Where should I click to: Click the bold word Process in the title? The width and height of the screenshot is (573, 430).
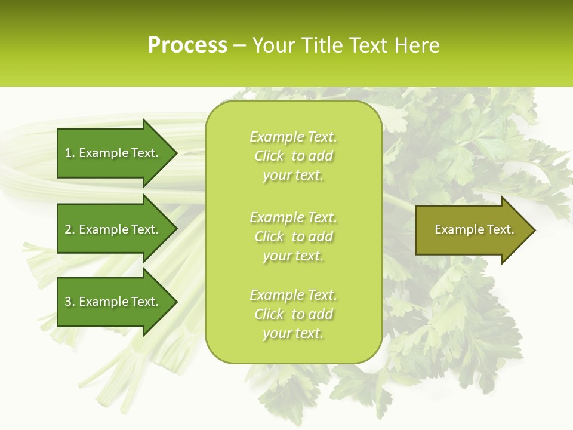(x=187, y=45)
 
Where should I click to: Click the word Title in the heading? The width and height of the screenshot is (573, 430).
(x=322, y=45)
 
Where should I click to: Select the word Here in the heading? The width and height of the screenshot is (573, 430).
(x=416, y=45)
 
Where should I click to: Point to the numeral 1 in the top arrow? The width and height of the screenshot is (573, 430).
(x=68, y=153)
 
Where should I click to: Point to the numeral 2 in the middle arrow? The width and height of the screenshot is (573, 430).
(x=69, y=229)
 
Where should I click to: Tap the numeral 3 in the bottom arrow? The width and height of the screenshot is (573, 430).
(x=69, y=302)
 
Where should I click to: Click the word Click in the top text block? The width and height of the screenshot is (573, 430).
(x=269, y=156)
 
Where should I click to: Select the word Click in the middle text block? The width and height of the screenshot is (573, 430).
(x=269, y=236)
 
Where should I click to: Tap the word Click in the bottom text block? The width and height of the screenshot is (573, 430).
(x=269, y=314)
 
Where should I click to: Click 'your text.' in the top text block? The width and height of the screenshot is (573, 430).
(x=293, y=175)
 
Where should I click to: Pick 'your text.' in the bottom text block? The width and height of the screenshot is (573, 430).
(x=293, y=333)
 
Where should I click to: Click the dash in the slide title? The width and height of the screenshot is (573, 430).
(x=239, y=46)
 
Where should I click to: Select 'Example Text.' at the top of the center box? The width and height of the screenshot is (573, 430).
(x=293, y=137)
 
